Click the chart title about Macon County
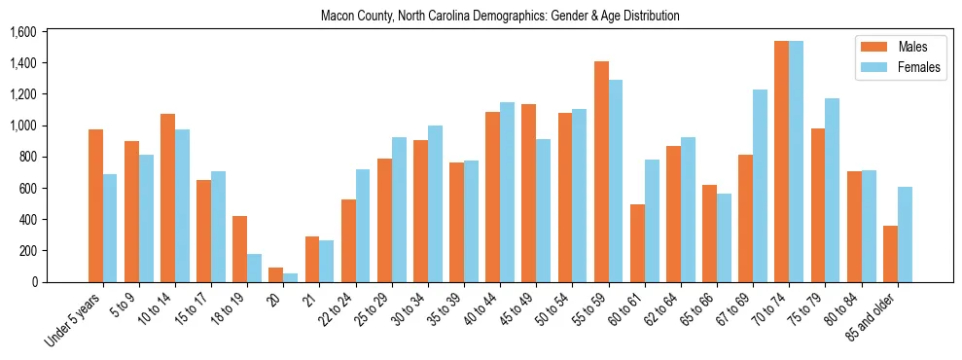point(500,16)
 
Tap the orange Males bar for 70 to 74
point(781,162)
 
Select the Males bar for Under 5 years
point(95,205)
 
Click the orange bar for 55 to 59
point(601,171)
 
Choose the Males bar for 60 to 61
point(637,243)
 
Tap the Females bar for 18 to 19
point(254,268)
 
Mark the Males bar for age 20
point(276,274)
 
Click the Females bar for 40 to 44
point(507,192)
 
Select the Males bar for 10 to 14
point(167,198)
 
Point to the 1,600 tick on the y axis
point(22,32)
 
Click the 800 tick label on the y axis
point(26,157)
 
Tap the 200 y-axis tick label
point(26,251)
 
